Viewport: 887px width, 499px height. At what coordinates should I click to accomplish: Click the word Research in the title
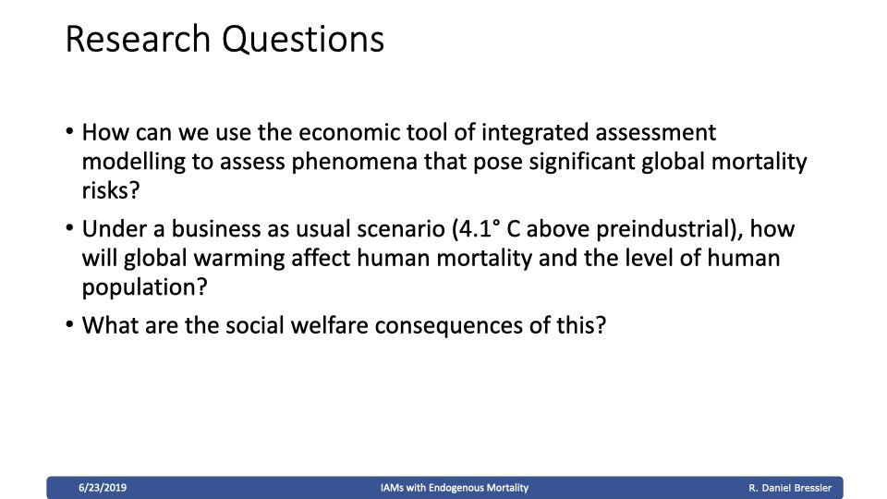[x=138, y=39]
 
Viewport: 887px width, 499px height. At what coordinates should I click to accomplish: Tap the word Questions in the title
[x=303, y=40]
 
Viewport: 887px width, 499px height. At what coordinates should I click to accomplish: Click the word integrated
[x=535, y=133]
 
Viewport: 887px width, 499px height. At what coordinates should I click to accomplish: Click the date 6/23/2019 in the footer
[x=103, y=488]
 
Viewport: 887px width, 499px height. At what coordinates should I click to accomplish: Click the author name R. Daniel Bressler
[x=790, y=488]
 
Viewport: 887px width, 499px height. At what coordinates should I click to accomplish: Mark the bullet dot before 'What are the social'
[x=69, y=324]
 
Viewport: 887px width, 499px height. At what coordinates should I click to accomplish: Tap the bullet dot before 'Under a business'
[x=69, y=228]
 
